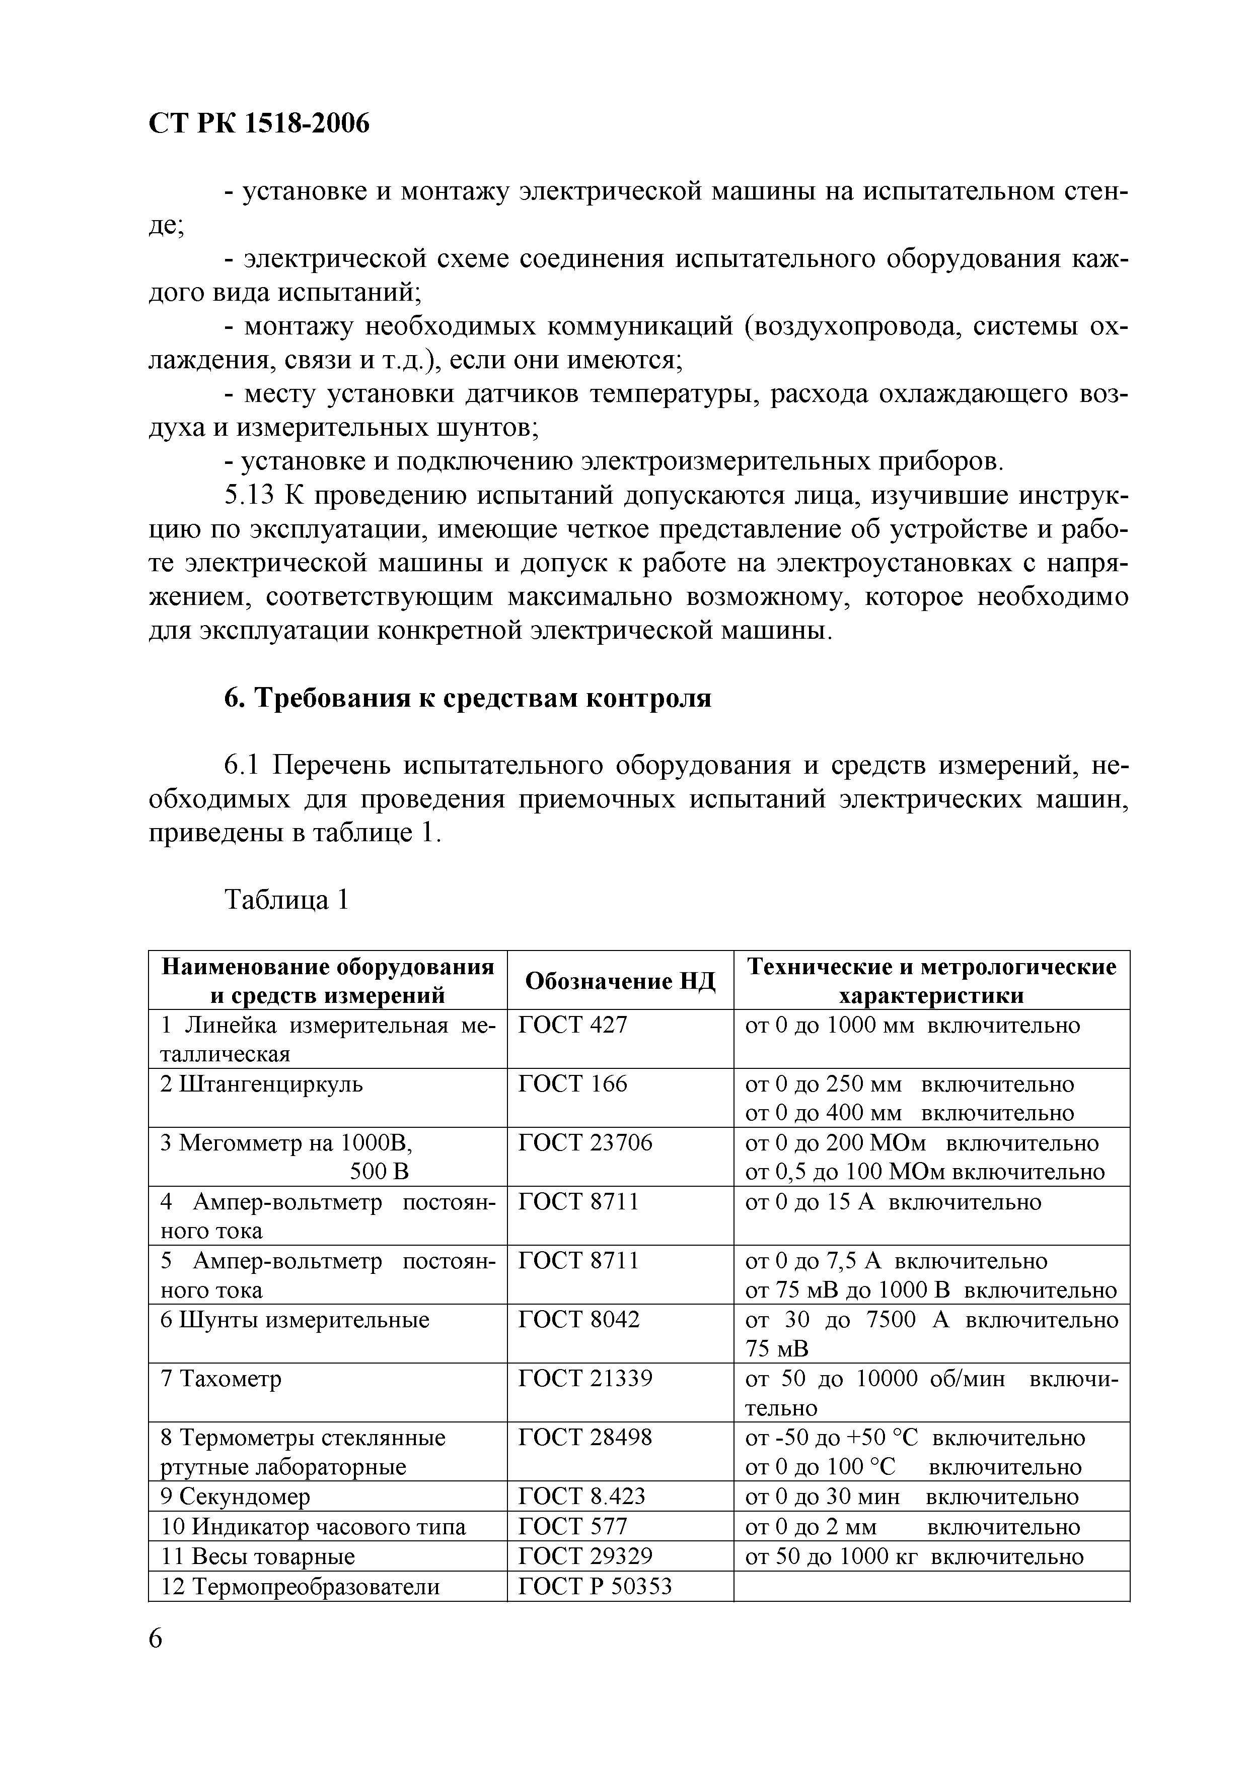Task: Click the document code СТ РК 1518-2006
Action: click(258, 123)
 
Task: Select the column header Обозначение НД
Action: click(619, 980)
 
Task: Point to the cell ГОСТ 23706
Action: click(585, 1143)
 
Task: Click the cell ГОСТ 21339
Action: click(585, 1378)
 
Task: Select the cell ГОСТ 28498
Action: click(585, 1438)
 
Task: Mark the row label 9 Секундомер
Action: click(235, 1497)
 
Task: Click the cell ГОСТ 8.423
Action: click(582, 1496)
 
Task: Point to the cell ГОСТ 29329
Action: click(585, 1556)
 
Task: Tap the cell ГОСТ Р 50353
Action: click(595, 1586)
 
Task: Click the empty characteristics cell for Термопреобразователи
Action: click(931, 1586)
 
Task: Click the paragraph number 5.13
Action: click(249, 496)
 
